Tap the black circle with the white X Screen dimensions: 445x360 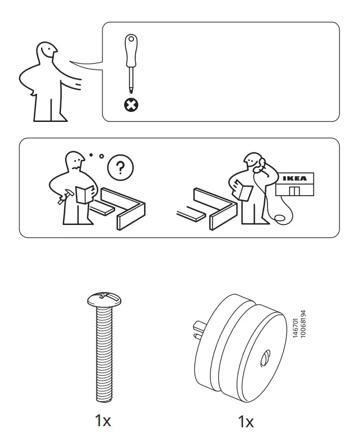pos(131,104)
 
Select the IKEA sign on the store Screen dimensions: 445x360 pos(294,179)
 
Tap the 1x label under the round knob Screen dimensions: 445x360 pos(245,422)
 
